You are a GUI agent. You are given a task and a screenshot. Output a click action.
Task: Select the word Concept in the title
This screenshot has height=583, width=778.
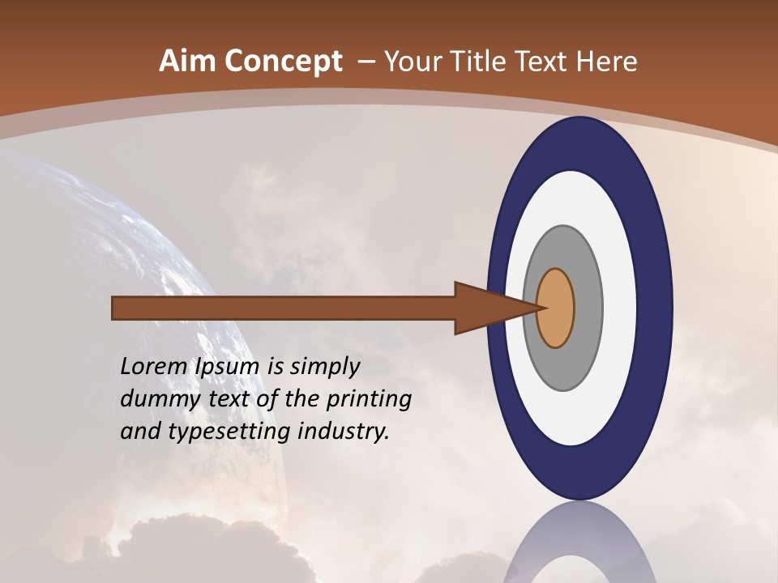pyautogui.click(x=284, y=62)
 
